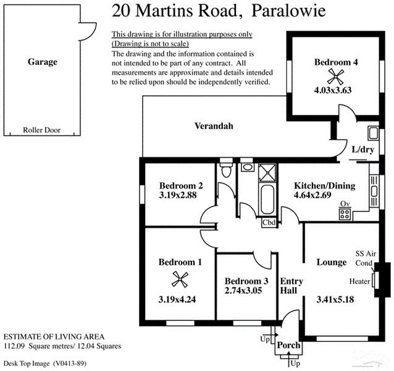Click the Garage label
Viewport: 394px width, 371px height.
tap(42, 62)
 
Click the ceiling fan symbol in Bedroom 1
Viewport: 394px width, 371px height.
tap(180, 281)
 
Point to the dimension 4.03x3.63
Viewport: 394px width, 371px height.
tap(337, 90)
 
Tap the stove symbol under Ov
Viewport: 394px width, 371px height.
tap(345, 215)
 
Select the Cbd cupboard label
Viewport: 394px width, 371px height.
tap(269, 223)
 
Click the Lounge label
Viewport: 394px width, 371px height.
tap(332, 262)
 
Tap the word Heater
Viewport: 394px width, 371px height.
tap(359, 281)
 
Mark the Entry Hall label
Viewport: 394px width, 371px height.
tap(291, 285)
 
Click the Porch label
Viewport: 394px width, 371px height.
tap(288, 346)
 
